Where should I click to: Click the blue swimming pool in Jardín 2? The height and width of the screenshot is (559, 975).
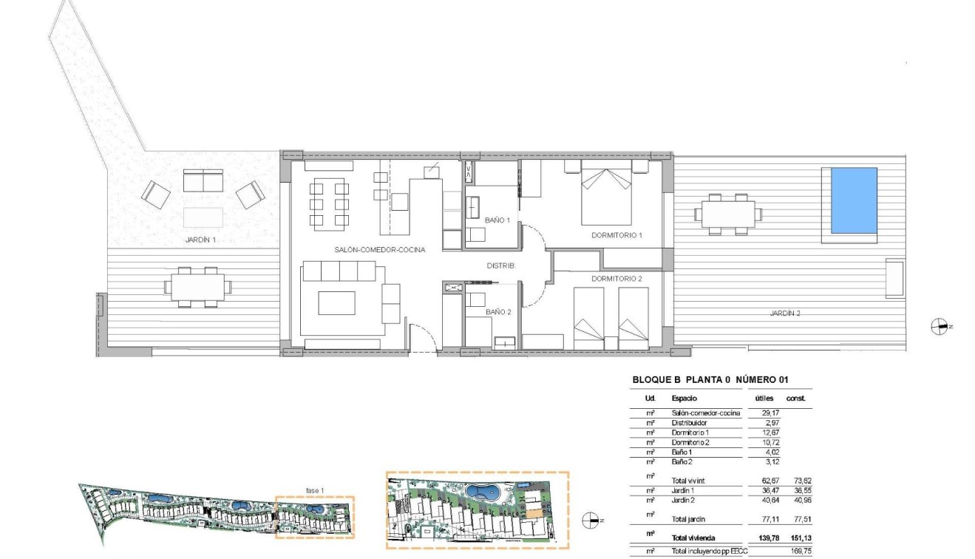[x=854, y=200]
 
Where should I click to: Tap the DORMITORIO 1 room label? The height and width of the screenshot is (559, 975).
[x=616, y=235]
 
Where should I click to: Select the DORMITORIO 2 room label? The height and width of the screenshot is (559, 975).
[x=616, y=279]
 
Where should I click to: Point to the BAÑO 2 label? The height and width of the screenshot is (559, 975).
[x=497, y=312]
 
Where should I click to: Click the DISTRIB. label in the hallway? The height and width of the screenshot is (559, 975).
[x=500, y=265]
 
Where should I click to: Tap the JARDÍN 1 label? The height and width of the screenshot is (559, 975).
[x=200, y=240]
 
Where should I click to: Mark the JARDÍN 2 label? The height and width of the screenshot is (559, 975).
[x=785, y=314]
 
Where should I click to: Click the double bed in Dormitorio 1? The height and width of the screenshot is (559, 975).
[x=606, y=196]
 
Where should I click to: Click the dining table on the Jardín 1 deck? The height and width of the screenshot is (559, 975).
[x=197, y=286]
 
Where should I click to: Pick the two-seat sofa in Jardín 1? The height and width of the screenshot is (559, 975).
[x=203, y=180]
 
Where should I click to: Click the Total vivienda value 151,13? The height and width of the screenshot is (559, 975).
[x=801, y=538]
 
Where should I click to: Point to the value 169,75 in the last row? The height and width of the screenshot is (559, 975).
[x=801, y=551]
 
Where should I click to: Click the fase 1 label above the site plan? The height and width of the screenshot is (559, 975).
[x=316, y=489]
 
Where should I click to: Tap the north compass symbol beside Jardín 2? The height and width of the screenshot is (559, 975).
[x=939, y=326]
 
